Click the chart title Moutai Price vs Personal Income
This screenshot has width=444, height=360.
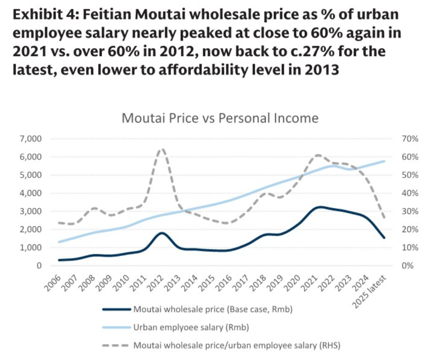click(x=220, y=118)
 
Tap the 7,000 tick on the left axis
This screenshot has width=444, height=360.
click(x=30, y=139)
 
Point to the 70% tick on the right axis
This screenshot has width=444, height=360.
click(x=410, y=139)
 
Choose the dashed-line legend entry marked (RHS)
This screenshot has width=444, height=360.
click(x=237, y=345)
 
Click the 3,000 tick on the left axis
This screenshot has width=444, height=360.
click(x=30, y=211)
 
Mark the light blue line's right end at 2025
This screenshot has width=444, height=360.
click(x=384, y=161)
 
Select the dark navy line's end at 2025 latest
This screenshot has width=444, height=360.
click(x=384, y=237)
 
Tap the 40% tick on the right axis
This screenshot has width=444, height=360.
click(x=410, y=193)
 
